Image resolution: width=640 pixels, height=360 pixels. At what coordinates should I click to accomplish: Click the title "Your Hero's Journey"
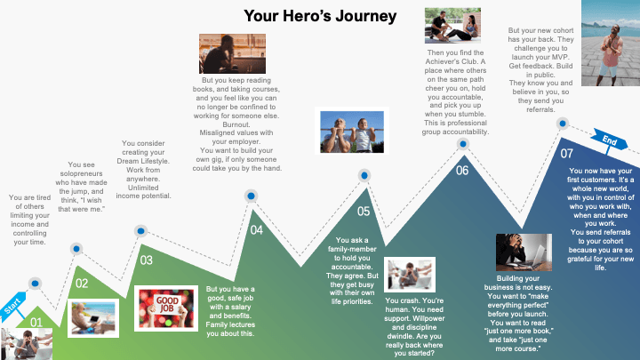[320, 16]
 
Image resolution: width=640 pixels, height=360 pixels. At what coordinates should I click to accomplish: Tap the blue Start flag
[12, 306]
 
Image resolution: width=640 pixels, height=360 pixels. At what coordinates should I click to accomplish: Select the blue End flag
[610, 140]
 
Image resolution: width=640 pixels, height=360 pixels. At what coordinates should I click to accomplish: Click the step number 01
[36, 323]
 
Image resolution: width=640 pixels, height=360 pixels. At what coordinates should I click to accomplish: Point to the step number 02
[82, 284]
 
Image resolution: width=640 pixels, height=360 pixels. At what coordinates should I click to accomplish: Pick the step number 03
[146, 260]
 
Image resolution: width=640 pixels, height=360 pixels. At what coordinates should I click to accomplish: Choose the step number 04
[256, 230]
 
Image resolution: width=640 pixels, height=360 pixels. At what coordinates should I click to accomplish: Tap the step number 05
[364, 211]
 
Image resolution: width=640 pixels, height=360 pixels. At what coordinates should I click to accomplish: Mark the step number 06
[462, 170]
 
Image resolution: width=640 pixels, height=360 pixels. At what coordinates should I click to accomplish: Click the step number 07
[566, 154]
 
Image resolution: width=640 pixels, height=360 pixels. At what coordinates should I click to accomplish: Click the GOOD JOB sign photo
[166, 308]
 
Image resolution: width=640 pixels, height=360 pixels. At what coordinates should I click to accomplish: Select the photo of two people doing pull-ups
[352, 132]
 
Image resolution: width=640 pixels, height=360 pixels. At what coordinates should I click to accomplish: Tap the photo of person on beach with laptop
[93, 318]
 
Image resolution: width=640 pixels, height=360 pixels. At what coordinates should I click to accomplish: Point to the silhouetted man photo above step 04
[232, 53]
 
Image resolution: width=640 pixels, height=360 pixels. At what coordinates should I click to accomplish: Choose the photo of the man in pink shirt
[611, 43]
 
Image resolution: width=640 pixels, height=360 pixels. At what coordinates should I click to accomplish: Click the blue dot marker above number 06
[463, 144]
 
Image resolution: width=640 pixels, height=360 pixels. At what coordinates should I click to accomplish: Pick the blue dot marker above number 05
[364, 175]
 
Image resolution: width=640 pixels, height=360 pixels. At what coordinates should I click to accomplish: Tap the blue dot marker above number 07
[563, 124]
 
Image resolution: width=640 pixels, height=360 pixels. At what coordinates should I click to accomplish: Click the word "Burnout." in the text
[236, 124]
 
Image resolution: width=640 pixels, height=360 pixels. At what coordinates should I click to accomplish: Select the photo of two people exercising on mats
[452, 25]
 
